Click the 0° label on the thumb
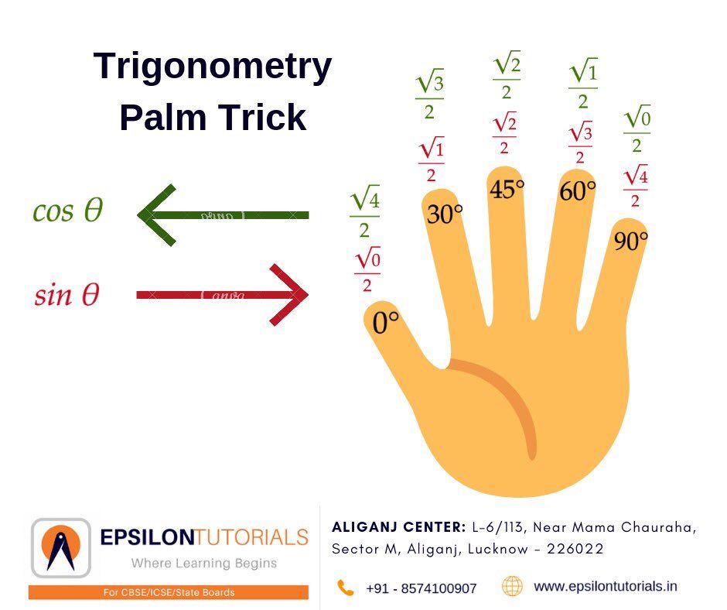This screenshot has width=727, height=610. coord(385,322)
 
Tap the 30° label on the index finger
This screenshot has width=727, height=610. coord(445,214)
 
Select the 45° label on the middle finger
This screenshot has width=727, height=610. coord(507,190)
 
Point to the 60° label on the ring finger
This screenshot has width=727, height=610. coord(577,190)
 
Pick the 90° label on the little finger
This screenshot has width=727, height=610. coord(630,241)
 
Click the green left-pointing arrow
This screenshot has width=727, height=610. coord(223,215)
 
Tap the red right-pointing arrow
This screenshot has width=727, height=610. coord(223,295)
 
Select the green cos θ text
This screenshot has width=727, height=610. coord(68,211)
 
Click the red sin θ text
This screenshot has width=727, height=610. coord(67,294)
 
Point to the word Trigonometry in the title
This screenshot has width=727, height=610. coord(213,67)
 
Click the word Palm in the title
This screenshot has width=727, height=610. coord(162,117)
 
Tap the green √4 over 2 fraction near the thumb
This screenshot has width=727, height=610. coord(364,211)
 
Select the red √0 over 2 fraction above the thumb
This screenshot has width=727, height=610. coord(367,269)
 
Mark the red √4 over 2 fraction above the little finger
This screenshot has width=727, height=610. coord(635,186)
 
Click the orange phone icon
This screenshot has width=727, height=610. coord(346,588)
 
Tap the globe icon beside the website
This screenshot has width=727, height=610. coord(512,586)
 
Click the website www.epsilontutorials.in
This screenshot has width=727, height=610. coord(606,587)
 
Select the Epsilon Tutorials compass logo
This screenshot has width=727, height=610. coord(61,548)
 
